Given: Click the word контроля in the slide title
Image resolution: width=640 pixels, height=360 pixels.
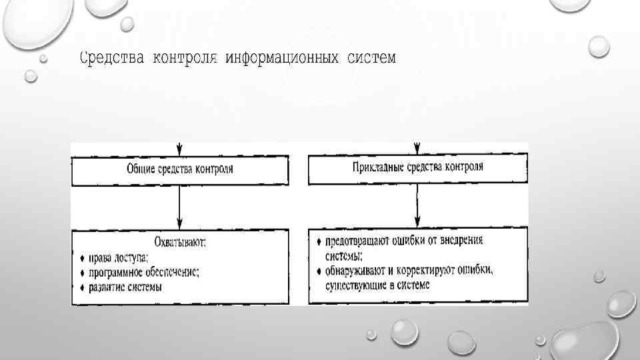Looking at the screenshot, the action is tap(185, 59).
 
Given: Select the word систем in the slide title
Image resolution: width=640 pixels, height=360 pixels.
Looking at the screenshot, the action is tap(371, 59).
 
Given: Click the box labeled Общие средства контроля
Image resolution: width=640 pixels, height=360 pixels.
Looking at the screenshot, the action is tap(180, 169).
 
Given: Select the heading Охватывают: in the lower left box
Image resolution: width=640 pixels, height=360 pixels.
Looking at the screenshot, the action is tap(180, 243).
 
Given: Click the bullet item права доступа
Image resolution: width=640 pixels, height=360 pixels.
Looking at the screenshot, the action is tap(120, 257).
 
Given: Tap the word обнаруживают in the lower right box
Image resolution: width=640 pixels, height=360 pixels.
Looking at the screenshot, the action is tap(356, 271).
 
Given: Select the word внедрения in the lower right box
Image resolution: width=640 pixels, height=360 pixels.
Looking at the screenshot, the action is tap(461, 241).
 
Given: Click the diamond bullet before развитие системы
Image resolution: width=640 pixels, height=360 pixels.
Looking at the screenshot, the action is tap(81, 287).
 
